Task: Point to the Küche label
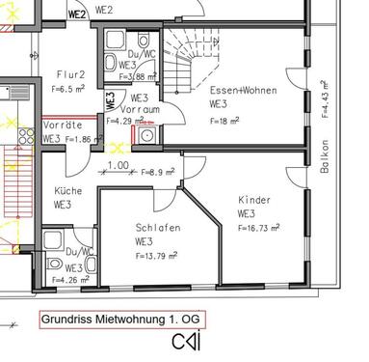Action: pyautogui.click(x=68, y=191)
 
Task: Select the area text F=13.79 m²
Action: pyautogui.click(x=161, y=256)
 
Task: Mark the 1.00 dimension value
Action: pyautogui.click(x=118, y=165)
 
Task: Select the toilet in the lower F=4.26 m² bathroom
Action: pyautogui.click(x=55, y=263)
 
